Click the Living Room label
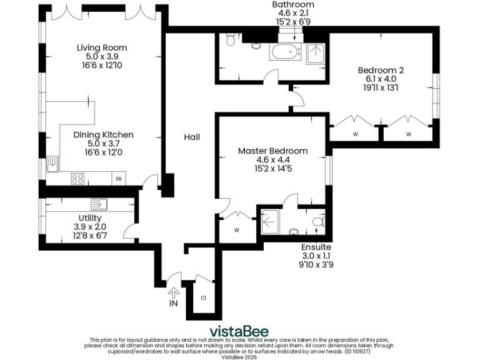pos(102,47)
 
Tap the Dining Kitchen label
pos(103,135)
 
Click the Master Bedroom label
pos(272,151)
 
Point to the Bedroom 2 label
pos(381,70)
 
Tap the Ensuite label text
pos(316,247)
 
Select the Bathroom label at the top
pos(292,5)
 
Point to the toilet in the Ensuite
pos(317,222)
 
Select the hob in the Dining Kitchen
pos(78,179)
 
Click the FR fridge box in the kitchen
pos(118,179)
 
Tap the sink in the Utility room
pos(99,204)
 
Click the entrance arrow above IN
pos(174,292)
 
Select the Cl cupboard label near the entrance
pos(203,297)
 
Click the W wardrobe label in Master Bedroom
pos(237,230)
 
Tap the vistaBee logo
pos(239,331)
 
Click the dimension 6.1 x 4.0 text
pos(381,79)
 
